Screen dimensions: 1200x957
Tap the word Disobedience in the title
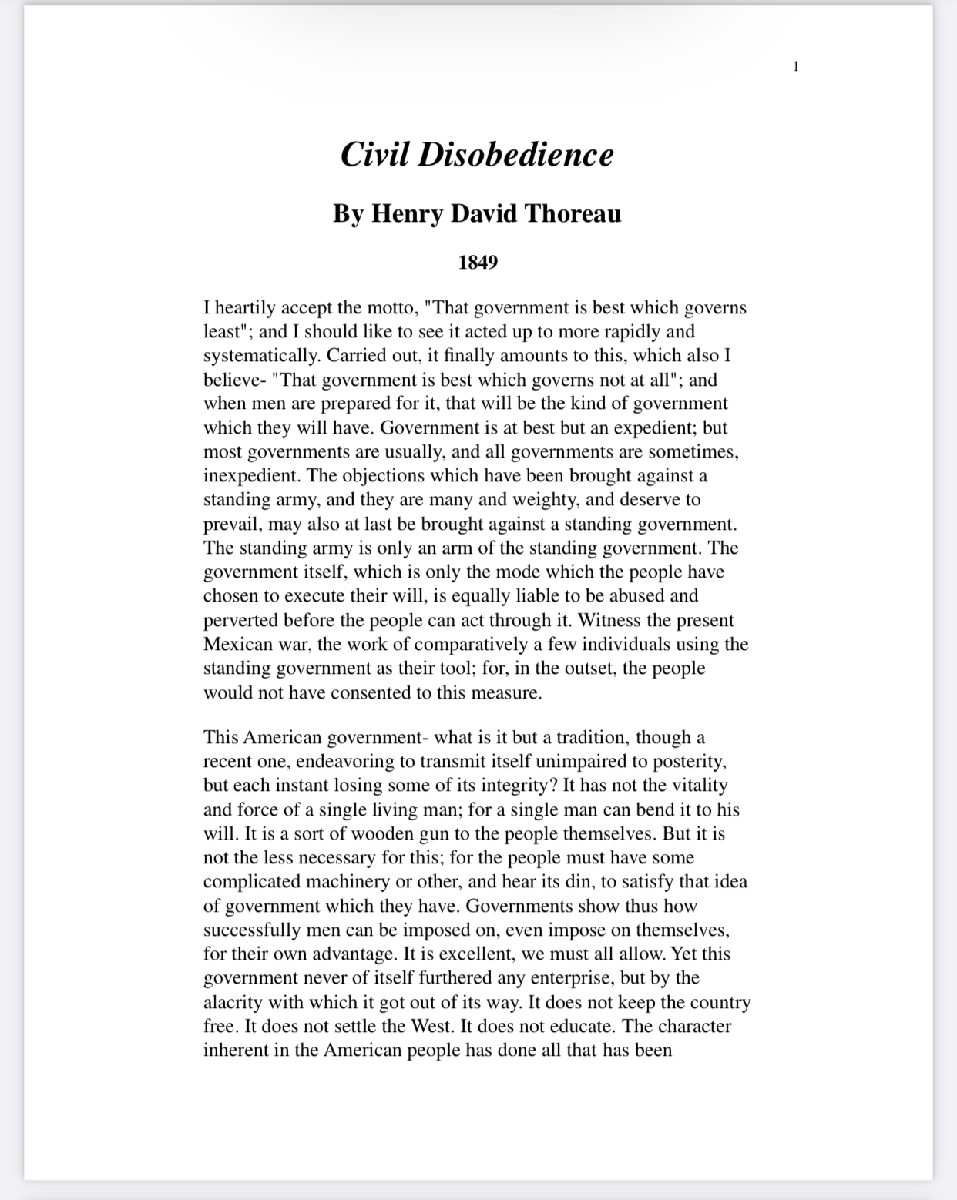pos(515,154)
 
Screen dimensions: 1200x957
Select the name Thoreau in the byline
pos(573,213)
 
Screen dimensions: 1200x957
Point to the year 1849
pos(478,263)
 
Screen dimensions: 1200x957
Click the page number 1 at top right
pos(796,66)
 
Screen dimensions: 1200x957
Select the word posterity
pos(688,762)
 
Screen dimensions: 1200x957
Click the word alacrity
pos(233,1002)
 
